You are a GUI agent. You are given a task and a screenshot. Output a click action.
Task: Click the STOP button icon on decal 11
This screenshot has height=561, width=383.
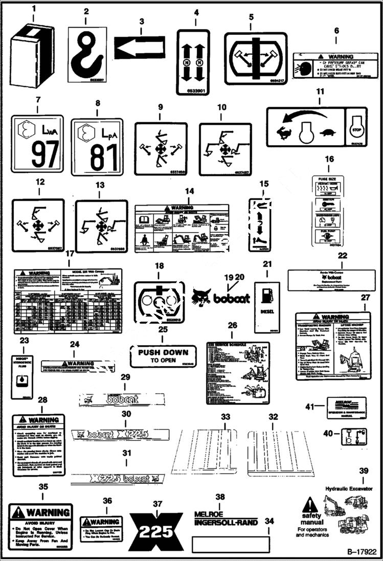[356, 126]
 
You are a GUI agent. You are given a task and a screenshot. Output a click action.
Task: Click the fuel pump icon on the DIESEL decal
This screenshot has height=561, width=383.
[267, 296]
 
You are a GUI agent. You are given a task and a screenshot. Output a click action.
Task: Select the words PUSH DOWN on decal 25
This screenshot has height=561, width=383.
[163, 352]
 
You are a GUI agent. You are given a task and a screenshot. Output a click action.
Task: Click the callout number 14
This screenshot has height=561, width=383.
[190, 191]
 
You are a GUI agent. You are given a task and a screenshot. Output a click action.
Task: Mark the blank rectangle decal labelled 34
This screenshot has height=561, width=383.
[230, 545]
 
